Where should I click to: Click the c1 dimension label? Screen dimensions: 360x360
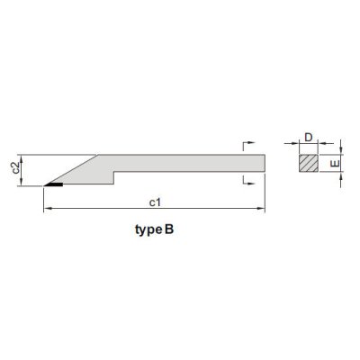155,202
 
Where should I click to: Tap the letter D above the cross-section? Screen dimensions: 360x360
309,138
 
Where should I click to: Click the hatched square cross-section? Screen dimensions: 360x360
309,163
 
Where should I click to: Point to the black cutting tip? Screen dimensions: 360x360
54,184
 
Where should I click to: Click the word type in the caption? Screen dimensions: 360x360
148,230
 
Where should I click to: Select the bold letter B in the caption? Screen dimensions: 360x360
169,229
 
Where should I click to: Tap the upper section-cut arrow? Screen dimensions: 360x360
248,145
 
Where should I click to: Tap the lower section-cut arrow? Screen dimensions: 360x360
248,180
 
